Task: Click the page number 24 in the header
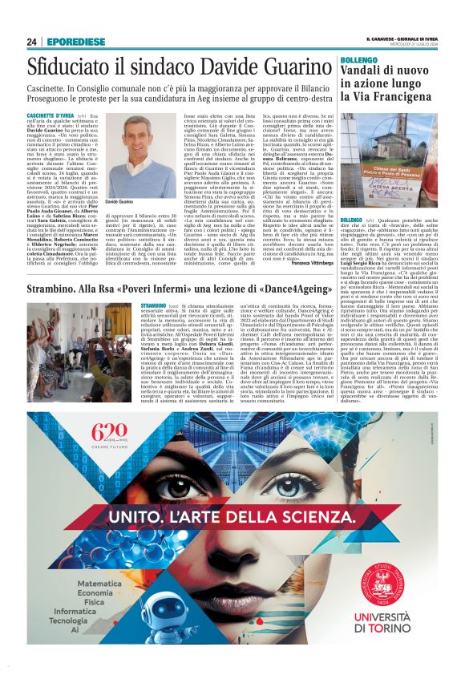coord(31,42)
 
